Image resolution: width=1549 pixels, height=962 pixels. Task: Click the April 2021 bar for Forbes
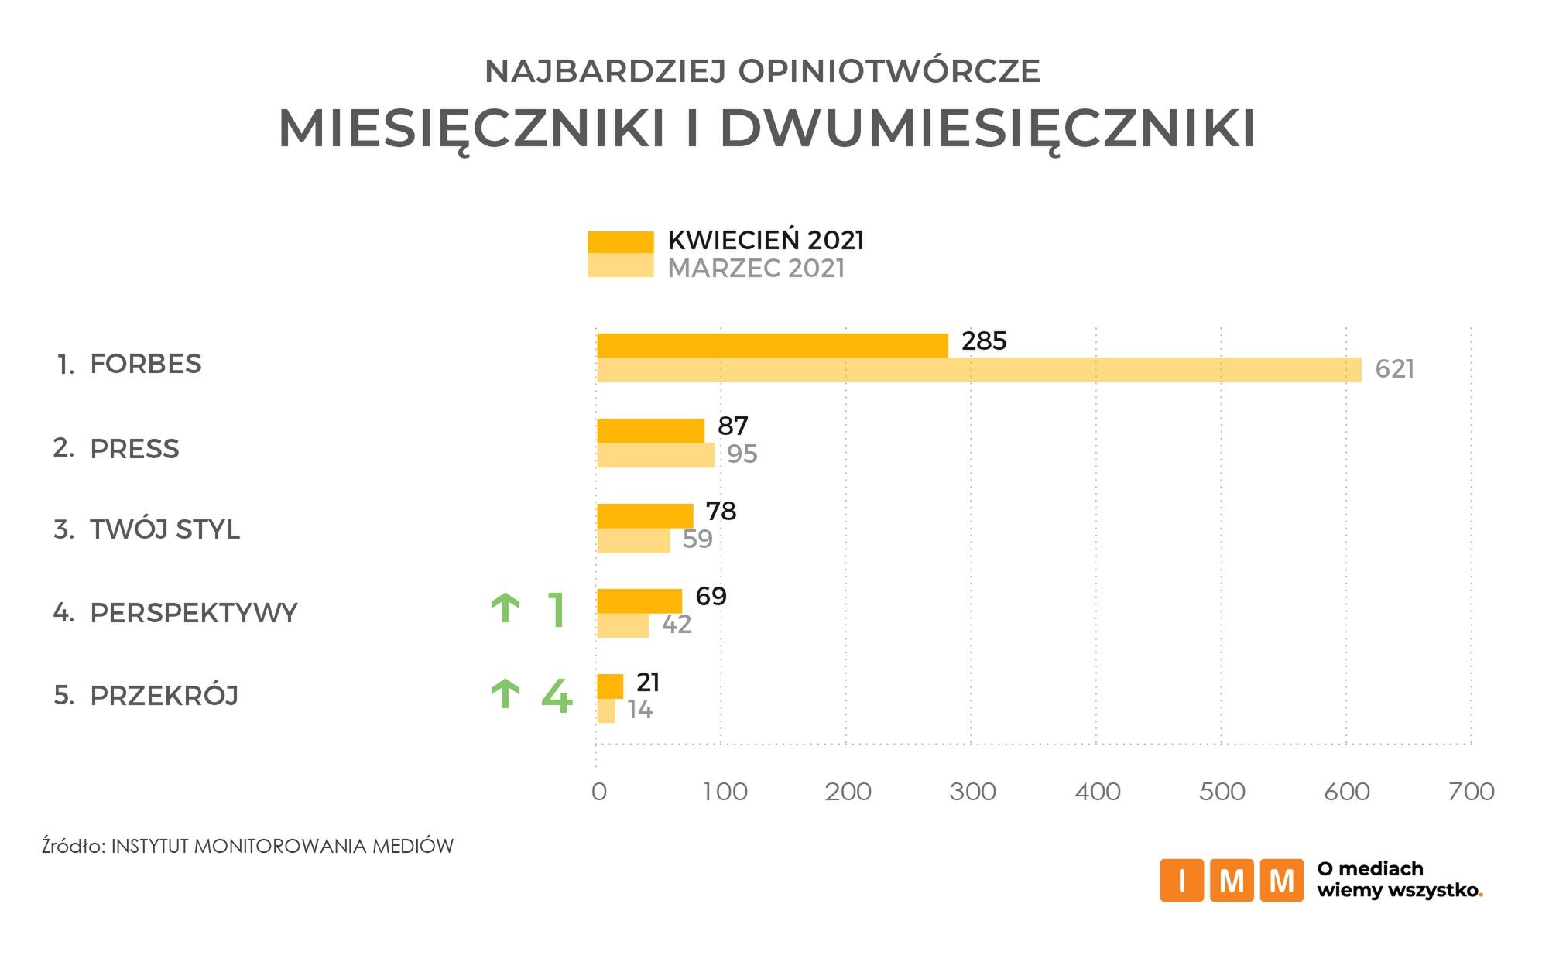click(x=772, y=346)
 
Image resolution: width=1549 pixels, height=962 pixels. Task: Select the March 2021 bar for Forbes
click(x=978, y=370)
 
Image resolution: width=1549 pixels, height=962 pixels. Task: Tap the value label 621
click(x=1394, y=369)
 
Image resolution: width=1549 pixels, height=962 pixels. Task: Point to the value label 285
click(x=984, y=341)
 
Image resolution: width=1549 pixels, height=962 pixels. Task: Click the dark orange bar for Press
click(x=650, y=431)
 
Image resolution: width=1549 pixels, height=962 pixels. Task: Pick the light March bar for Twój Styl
click(x=633, y=540)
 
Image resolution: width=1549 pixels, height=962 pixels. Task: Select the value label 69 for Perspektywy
click(x=711, y=596)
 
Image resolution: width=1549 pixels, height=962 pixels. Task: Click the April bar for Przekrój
click(x=610, y=686)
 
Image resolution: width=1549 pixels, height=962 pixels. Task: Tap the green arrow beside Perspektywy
click(x=505, y=609)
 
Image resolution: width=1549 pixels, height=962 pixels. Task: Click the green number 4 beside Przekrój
click(x=557, y=697)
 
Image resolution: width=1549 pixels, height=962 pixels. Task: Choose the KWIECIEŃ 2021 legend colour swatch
click(x=620, y=241)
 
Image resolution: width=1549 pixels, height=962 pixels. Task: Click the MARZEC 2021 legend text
click(x=756, y=269)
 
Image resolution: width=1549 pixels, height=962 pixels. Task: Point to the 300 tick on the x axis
click(x=972, y=792)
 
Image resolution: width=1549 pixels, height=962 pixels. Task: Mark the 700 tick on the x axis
click(x=1471, y=792)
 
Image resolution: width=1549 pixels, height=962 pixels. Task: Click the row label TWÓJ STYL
click(x=164, y=529)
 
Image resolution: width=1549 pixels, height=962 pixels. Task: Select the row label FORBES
click(x=146, y=364)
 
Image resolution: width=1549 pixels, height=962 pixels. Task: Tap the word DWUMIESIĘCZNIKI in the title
click(x=987, y=128)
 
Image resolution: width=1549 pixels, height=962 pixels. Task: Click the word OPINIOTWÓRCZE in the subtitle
click(x=889, y=71)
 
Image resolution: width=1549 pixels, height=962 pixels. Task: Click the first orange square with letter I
click(x=1181, y=880)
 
